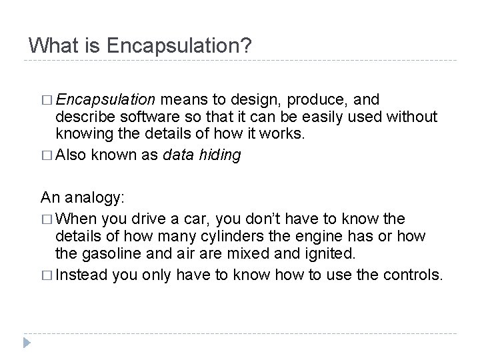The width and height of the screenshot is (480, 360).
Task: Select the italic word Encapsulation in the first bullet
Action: pos(106,100)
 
